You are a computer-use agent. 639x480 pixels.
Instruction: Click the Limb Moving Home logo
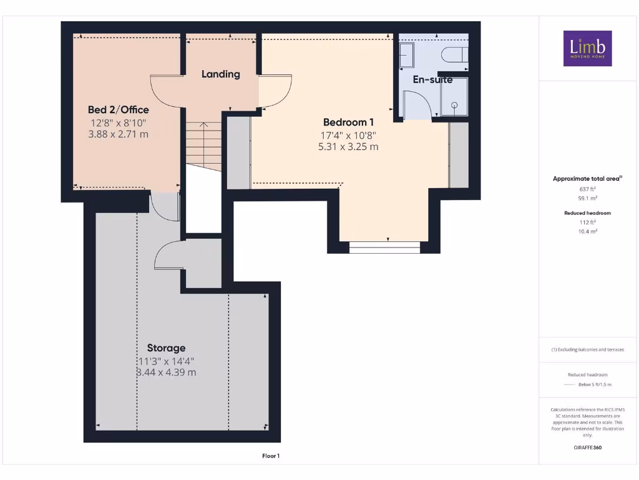tap(587, 48)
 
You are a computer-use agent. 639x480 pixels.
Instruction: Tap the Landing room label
tap(220, 74)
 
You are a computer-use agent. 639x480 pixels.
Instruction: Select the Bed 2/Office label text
tap(118, 110)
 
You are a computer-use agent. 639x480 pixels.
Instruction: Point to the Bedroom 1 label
tap(348, 122)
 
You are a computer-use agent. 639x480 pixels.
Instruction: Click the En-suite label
tap(432, 80)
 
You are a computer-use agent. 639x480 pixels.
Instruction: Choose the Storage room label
tap(166, 348)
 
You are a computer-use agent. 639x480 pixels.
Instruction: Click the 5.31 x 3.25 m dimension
tap(348, 147)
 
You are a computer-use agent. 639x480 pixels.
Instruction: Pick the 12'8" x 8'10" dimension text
tap(118, 122)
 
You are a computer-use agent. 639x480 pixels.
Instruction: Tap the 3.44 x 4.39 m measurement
tap(166, 372)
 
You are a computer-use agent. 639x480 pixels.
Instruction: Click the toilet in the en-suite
tap(454, 55)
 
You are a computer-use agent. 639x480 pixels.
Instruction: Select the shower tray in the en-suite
tap(454, 97)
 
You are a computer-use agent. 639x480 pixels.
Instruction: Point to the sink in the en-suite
tap(406, 54)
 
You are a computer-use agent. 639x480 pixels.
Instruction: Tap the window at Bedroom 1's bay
tap(384, 247)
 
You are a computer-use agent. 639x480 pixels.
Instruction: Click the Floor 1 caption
tap(271, 456)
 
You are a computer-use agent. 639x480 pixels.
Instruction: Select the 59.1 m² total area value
tap(587, 198)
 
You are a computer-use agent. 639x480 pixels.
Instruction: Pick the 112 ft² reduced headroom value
tap(587, 222)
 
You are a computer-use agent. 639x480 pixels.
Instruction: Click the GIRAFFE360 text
tap(587, 447)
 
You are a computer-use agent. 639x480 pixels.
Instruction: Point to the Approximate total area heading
tap(587, 179)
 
